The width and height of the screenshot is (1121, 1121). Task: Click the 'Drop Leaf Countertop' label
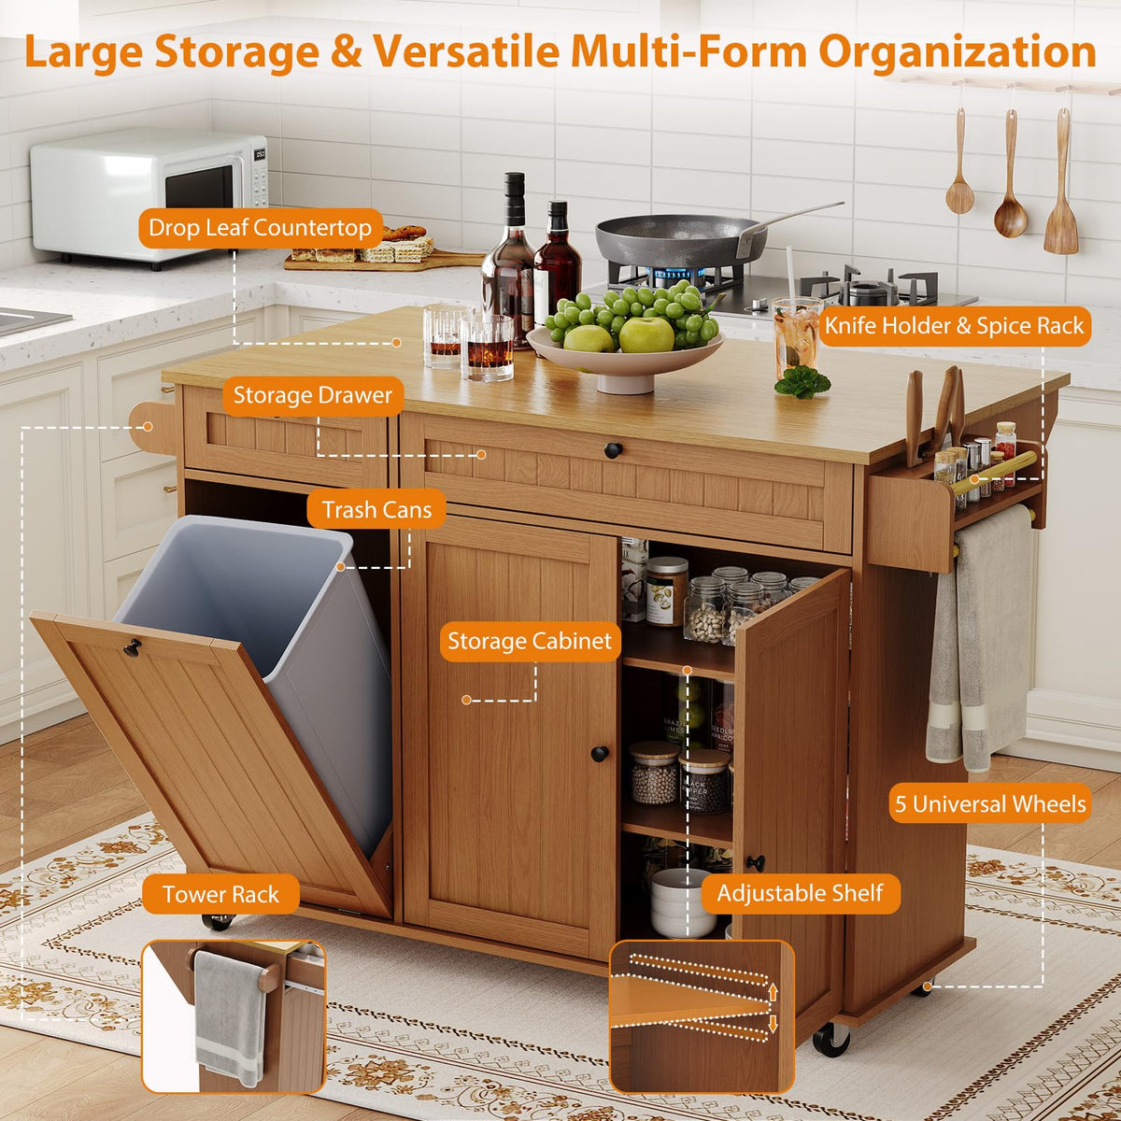[x=260, y=228]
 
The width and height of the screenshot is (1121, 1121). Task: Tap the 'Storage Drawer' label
[x=313, y=395]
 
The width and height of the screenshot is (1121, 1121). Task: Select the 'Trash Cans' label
[x=377, y=510]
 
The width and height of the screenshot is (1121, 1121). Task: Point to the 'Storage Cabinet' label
[x=530, y=641]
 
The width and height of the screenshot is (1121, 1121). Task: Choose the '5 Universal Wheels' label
[x=990, y=804]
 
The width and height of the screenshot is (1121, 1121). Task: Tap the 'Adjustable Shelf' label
[x=800, y=893]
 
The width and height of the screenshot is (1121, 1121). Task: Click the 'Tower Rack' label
[x=220, y=894]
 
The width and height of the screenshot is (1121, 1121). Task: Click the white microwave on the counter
[x=149, y=196]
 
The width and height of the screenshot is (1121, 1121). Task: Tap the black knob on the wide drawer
[x=613, y=449]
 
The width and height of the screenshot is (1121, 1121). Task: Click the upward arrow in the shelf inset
[x=773, y=992]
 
